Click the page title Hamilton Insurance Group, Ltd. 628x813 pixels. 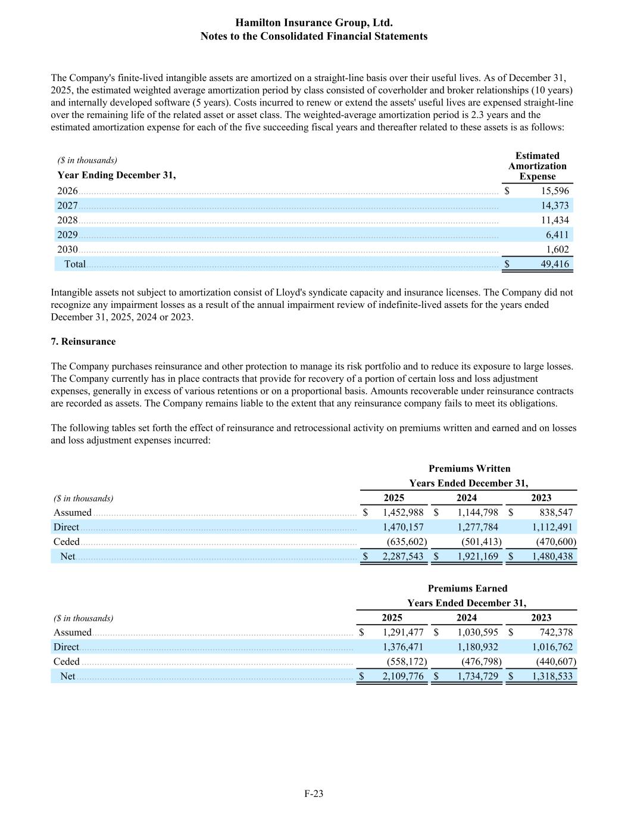coord(314,23)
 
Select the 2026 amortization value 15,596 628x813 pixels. coord(554,191)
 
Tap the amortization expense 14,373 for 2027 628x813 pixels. coord(554,205)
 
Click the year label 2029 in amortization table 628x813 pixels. coord(67,235)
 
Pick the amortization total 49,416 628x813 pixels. coord(554,264)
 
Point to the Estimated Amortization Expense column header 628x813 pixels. coord(537,166)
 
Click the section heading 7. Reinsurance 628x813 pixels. coord(83,342)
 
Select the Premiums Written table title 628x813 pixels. coord(469,469)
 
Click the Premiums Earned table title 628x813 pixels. coord(467,588)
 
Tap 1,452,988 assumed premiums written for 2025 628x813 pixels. coord(403,512)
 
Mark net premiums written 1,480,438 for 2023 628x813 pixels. coord(552,556)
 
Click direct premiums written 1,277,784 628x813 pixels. coord(477,527)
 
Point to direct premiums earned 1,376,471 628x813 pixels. coord(403,647)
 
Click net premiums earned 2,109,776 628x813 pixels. coord(403,676)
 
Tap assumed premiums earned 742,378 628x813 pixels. coord(555,633)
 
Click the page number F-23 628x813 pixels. coord(314,793)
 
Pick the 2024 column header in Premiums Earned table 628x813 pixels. coord(467,618)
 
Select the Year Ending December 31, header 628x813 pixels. coord(117,175)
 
